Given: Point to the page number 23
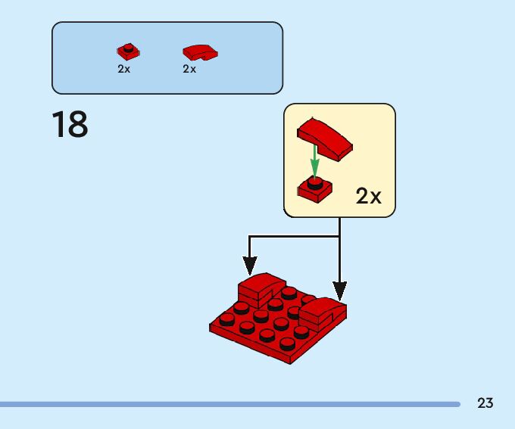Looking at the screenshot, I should [x=485, y=403].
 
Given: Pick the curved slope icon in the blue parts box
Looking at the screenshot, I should [x=199, y=52].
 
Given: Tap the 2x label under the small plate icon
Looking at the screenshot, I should [x=123, y=69].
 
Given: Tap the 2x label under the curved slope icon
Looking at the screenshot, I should [x=189, y=69].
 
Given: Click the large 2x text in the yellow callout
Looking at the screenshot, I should [x=368, y=197].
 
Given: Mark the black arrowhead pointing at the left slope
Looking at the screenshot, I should [x=249, y=266].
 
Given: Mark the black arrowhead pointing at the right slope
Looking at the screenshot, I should [x=340, y=290].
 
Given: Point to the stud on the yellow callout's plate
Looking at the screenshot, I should [x=315, y=182].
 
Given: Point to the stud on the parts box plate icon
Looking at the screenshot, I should [x=129, y=48].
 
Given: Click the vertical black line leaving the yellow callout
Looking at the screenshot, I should [x=340, y=226].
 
